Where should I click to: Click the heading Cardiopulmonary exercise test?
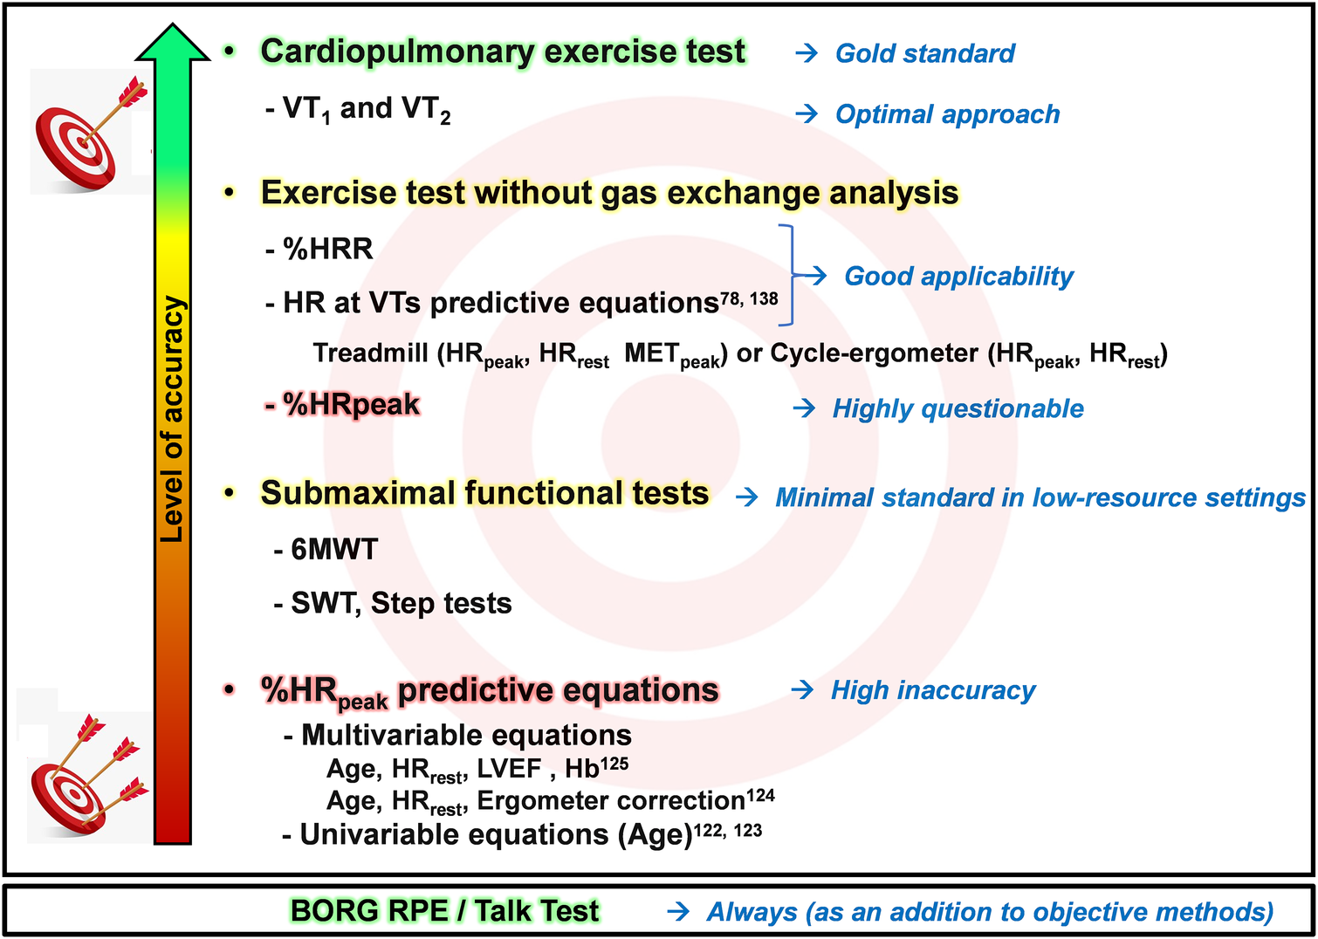point(503,51)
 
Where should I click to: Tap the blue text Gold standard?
point(925,53)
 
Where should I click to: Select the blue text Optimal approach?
point(947,114)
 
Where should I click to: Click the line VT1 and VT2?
point(359,110)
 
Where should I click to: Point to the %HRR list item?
point(319,249)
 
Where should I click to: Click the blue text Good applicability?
point(958,277)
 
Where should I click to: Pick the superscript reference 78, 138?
point(749,298)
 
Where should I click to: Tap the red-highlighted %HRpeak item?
point(342,405)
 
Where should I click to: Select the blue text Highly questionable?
point(958,409)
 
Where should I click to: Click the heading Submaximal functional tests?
point(484,493)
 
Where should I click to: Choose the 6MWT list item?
point(326,550)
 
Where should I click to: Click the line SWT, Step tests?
point(393,604)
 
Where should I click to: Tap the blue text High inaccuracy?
point(933,690)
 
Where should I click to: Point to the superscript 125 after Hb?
point(614,764)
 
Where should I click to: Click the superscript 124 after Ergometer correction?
point(760,796)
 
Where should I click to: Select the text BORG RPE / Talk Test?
point(445,911)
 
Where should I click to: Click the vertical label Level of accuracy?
point(172,419)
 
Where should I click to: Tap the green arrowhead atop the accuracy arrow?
point(173,42)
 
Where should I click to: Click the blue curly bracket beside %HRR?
point(787,275)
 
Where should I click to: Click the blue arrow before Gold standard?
point(807,53)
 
